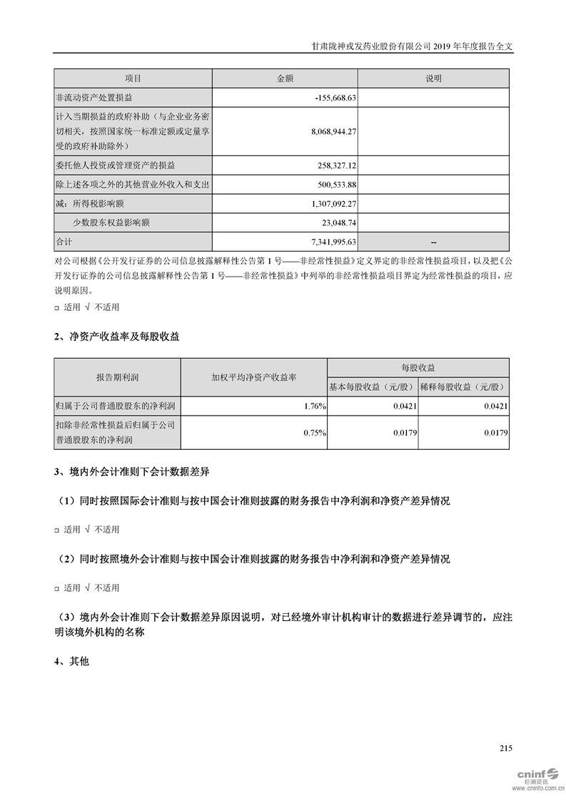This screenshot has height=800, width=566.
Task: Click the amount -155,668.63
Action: [x=335, y=97]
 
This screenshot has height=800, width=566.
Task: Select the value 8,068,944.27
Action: [x=324, y=132]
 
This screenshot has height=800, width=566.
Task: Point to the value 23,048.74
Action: [x=336, y=222]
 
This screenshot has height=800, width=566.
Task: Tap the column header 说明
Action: [x=433, y=78]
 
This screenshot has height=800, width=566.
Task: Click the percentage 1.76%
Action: [x=315, y=406]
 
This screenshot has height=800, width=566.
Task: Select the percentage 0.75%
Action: [x=315, y=432]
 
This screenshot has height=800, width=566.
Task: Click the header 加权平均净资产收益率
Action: [x=253, y=376]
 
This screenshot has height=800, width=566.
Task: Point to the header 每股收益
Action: [x=418, y=367]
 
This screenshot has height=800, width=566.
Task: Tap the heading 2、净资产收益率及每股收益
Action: [x=117, y=337]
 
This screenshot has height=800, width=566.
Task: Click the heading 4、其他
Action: [x=71, y=662]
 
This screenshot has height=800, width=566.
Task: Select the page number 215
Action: [x=506, y=748]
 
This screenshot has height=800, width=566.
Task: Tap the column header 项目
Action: [x=133, y=78]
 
